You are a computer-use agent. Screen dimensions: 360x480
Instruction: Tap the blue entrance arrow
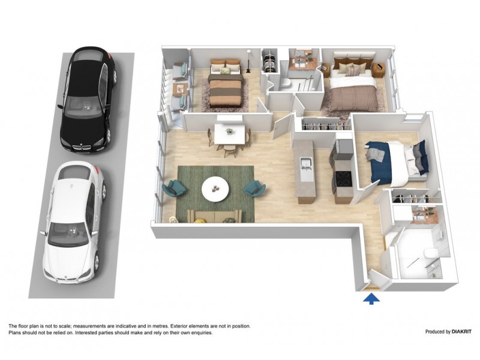pyautogui.click(x=371, y=298)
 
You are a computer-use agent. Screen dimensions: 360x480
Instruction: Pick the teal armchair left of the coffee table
pyautogui.click(x=175, y=188)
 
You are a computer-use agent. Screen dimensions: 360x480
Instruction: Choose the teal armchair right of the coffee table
pyautogui.click(x=254, y=188)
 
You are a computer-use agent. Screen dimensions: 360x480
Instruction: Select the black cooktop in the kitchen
pyautogui.click(x=344, y=178)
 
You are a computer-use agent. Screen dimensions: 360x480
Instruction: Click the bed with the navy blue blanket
pyautogui.click(x=393, y=161)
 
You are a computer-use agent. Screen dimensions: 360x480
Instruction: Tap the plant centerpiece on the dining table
pyautogui.click(x=229, y=130)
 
